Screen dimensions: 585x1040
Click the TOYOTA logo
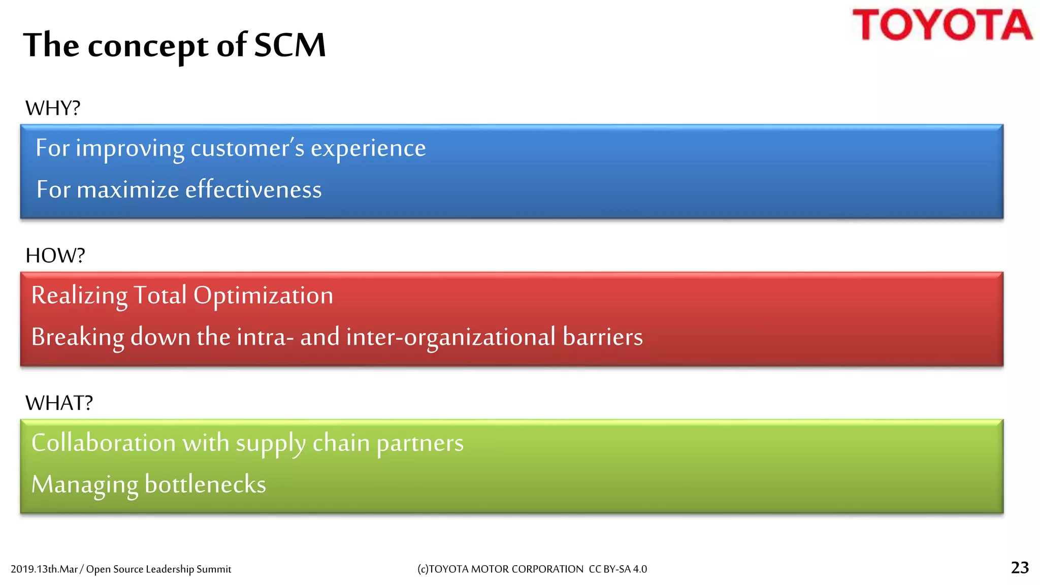[942, 25]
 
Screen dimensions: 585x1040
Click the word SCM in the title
[289, 45]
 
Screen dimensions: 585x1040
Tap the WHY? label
[53, 108]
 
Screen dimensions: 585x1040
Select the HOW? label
[55, 255]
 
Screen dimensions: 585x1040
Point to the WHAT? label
[59, 403]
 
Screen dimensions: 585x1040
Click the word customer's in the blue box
[247, 148]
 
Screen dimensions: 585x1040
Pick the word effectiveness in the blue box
[253, 189]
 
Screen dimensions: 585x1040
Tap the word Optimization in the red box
[263, 296]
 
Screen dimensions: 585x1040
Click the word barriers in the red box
[602, 337]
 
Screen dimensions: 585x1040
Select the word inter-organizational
[450, 337]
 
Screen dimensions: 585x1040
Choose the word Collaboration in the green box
[104, 443]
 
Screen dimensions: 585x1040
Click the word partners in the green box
[420, 443]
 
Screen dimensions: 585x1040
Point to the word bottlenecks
[205, 484]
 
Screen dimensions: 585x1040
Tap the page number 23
[1020, 567]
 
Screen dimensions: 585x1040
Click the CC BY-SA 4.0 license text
[617, 569]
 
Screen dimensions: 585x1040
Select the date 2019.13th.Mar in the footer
[44, 569]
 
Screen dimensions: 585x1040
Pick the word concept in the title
[148, 46]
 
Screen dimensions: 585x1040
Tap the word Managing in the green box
[84, 484]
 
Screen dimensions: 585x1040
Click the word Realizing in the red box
[79, 296]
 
